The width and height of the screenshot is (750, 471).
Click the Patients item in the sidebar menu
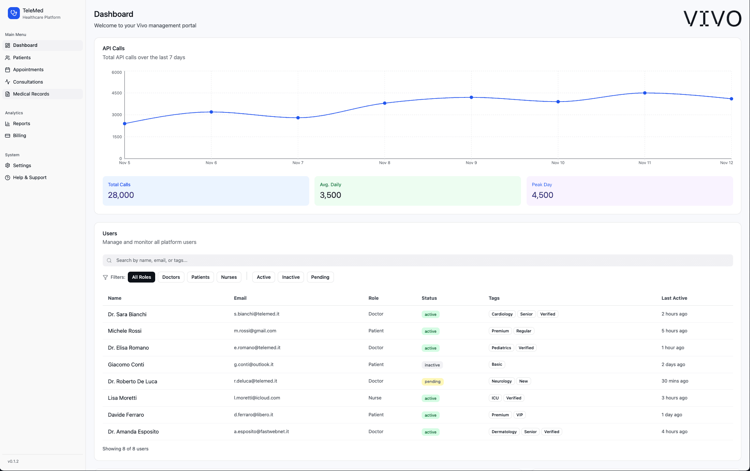click(22, 58)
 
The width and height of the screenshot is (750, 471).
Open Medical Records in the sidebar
click(31, 94)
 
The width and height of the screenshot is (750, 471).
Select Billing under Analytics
click(19, 136)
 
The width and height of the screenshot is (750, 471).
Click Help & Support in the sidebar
click(30, 178)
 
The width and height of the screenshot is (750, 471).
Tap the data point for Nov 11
click(645, 93)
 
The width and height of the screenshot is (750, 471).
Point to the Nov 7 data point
click(298, 118)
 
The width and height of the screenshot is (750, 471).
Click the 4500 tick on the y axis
click(117, 93)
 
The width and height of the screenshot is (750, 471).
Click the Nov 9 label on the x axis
click(471, 163)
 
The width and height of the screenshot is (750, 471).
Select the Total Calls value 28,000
click(121, 195)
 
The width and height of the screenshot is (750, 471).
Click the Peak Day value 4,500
click(542, 195)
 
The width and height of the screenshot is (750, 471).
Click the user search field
click(418, 260)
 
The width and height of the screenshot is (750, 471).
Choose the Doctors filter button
click(171, 277)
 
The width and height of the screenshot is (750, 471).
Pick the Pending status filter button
click(320, 277)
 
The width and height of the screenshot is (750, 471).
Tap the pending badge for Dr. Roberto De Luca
click(432, 381)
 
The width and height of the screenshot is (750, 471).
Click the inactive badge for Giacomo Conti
click(432, 365)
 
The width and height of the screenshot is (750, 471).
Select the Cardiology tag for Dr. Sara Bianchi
click(502, 314)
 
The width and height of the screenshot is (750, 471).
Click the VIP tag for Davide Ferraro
click(519, 415)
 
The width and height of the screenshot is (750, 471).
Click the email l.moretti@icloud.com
click(257, 398)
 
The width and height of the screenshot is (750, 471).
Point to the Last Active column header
click(674, 298)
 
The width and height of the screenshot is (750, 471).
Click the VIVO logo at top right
click(712, 18)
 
